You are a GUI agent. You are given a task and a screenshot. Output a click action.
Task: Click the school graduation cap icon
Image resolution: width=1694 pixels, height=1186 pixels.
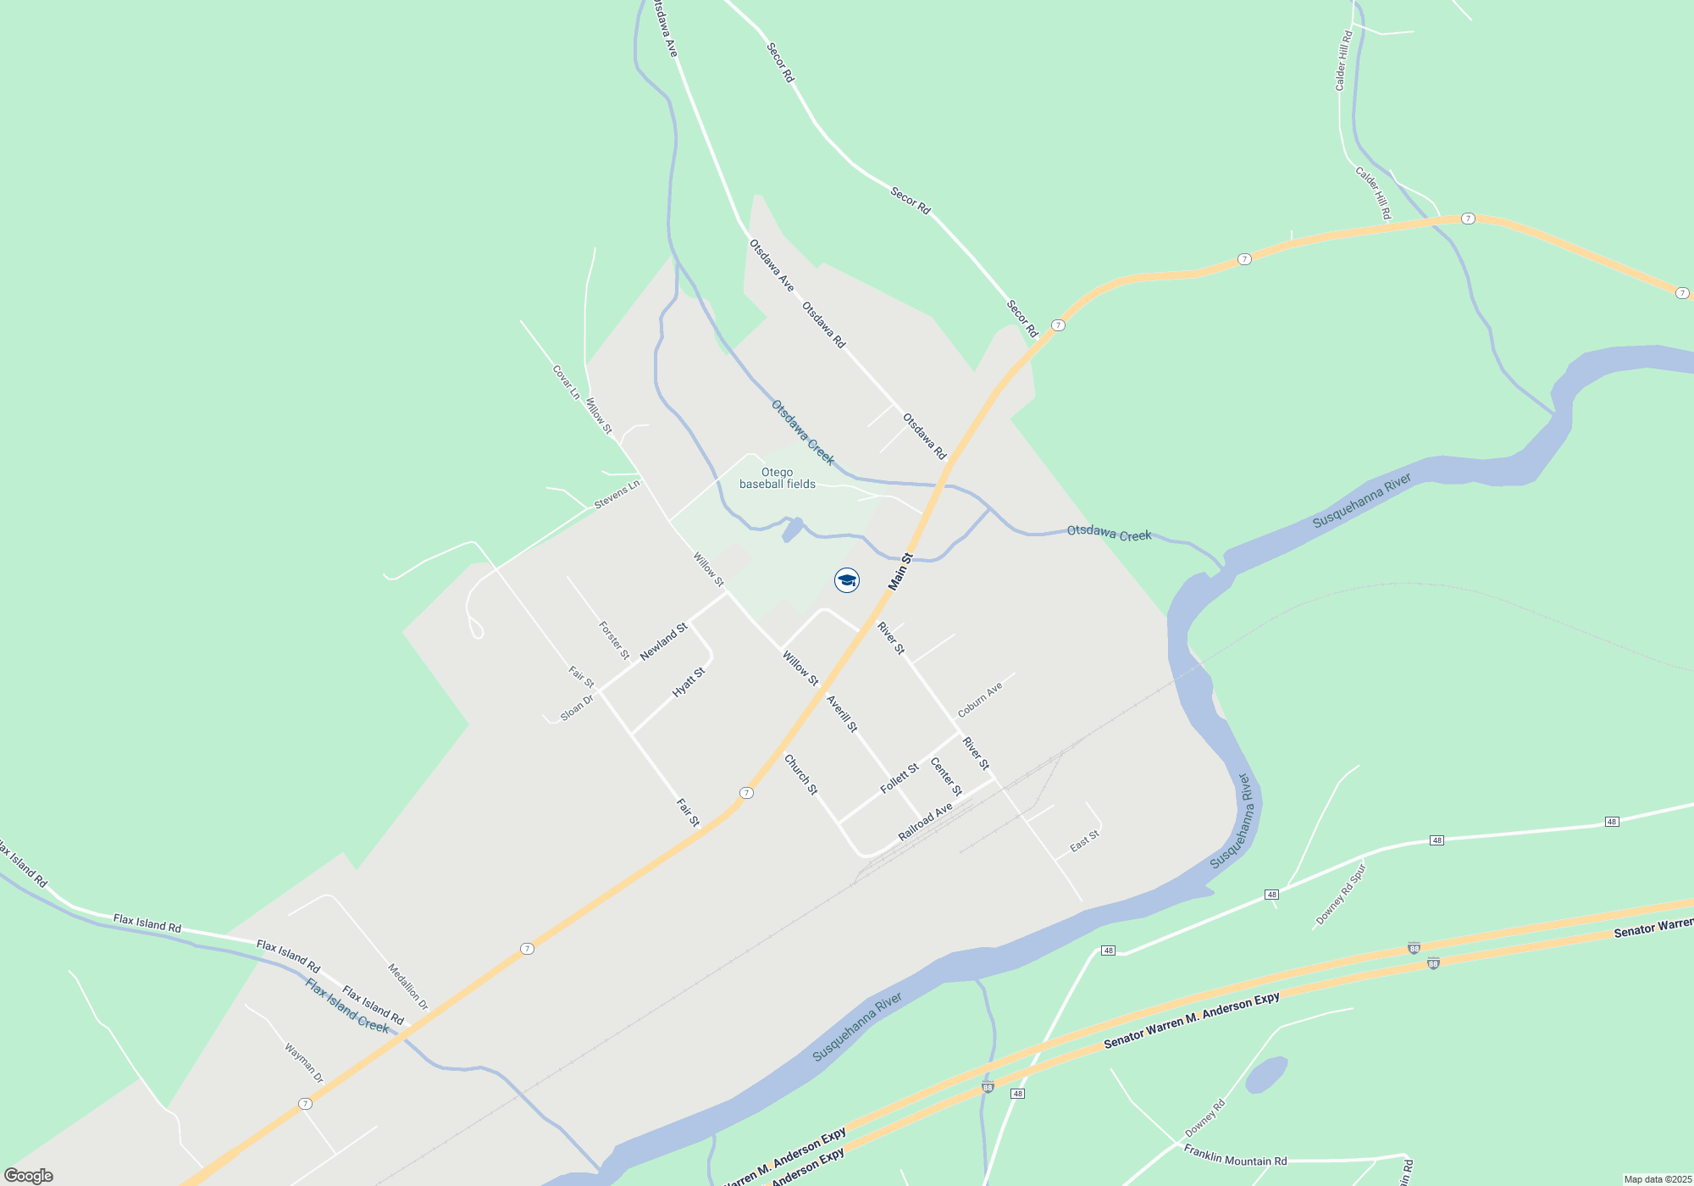tap(847, 580)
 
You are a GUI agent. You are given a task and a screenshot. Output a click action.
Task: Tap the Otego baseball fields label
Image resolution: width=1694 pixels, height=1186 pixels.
tap(778, 479)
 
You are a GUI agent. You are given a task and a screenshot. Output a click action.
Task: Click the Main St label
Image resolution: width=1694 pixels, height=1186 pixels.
tap(900, 572)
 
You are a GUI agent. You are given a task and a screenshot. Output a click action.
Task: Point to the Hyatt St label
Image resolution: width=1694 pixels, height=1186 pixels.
tap(689, 683)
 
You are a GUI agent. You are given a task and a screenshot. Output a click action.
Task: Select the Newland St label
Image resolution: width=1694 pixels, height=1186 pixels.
tap(663, 642)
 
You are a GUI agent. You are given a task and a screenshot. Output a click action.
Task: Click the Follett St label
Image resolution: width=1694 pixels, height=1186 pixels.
tap(900, 779)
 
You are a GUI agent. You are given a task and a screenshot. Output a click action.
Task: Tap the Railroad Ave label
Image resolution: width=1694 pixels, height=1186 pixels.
tap(926, 822)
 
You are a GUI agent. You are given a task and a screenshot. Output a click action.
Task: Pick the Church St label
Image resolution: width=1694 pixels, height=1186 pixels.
tap(801, 774)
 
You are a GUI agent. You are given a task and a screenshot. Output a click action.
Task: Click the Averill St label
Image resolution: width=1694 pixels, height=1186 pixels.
tap(842, 713)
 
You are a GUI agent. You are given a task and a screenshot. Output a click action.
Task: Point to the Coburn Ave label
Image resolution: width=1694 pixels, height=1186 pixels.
tap(980, 700)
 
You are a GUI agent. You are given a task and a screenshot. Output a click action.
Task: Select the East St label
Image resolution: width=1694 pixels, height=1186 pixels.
tap(1084, 841)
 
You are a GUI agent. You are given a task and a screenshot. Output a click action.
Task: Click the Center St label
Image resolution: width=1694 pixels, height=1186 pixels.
tap(946, 777)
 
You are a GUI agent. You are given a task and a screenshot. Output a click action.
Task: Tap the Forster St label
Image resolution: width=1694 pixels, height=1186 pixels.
tap(614, 640)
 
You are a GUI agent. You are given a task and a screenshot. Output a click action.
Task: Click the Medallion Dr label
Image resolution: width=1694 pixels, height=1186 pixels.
tap(408, 987)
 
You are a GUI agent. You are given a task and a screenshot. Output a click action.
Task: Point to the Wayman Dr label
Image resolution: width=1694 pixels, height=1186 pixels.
tap(304, 1063)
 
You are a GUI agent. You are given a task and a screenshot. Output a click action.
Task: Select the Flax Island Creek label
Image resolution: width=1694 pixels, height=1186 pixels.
tap(347, 1006)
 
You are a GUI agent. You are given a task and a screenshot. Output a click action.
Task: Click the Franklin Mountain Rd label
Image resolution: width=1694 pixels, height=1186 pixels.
tap(1235, 1156)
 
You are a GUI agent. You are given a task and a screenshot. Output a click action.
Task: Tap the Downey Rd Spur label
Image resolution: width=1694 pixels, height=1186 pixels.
tap(1341, 895)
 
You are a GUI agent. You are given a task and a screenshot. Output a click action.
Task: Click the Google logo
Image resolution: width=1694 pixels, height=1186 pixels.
tap(29, 1176)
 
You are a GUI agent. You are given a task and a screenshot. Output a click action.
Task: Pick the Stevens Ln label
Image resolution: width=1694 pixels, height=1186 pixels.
tap(617, 495)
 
